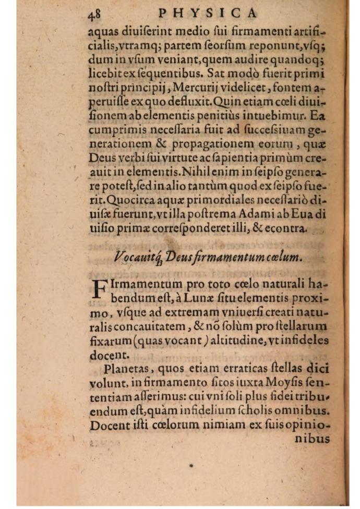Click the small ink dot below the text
(x=191, y=466)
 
